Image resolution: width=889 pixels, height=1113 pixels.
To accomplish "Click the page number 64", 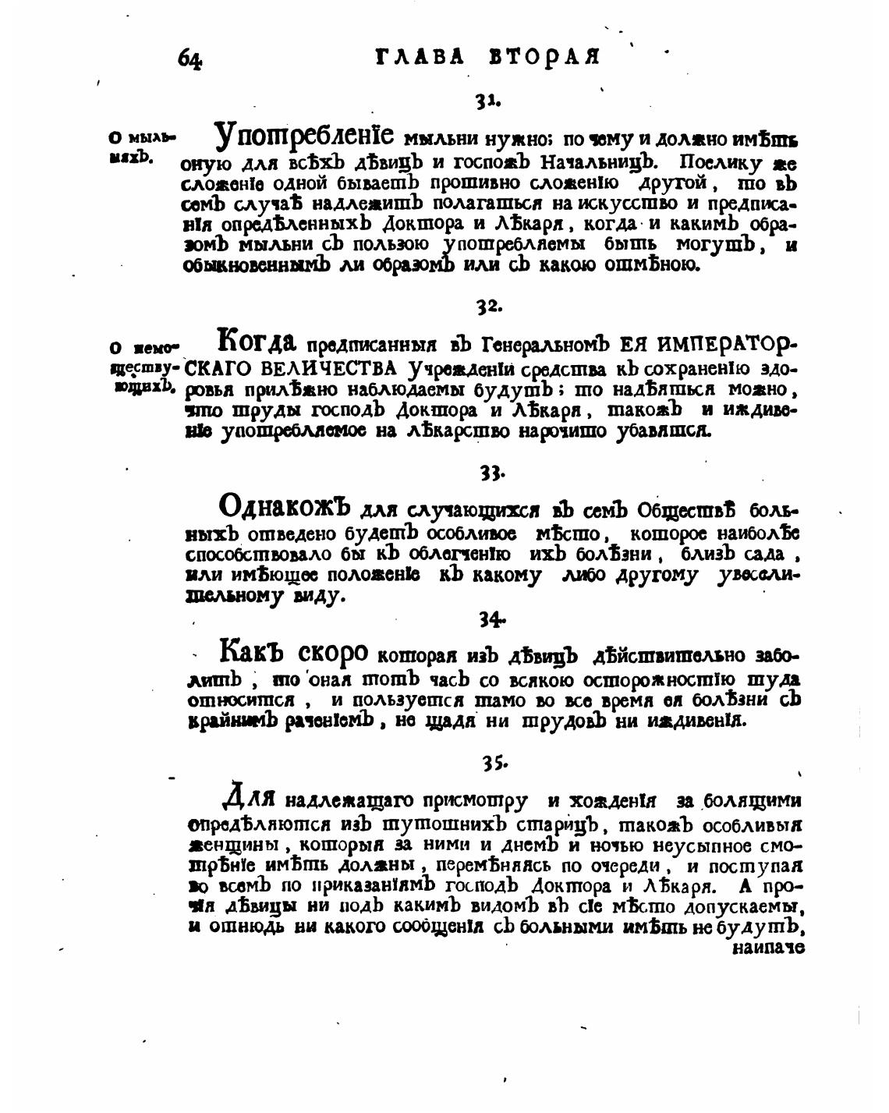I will tap(190, 58).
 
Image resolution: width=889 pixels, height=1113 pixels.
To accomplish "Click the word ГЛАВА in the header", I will tap(420, 57).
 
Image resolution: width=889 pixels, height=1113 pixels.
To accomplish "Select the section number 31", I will tap(487, 101).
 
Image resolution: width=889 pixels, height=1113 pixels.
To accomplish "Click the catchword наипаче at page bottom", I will tap(768, 948).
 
